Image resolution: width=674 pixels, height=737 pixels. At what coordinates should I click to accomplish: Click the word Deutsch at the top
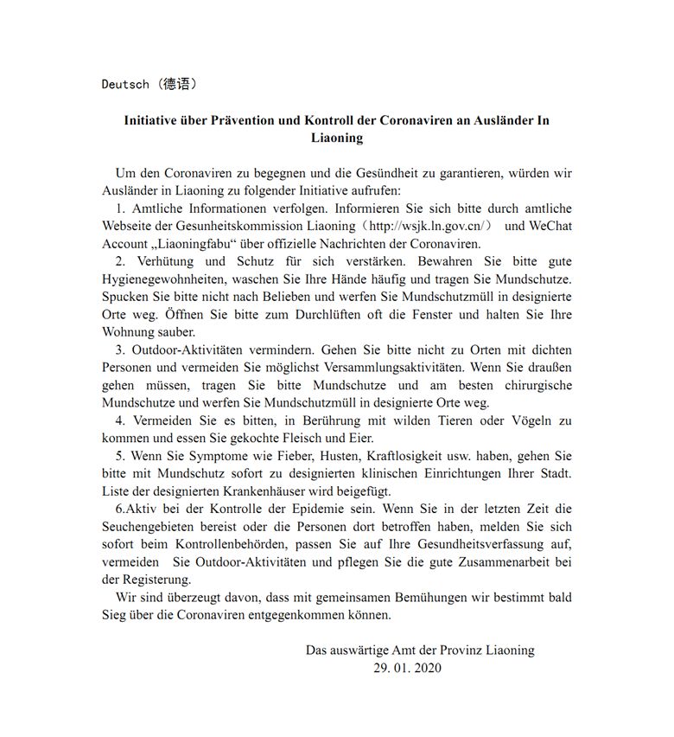(x=124, y=84)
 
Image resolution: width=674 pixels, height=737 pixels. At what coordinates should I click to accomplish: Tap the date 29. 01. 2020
(x=407, y=668)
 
